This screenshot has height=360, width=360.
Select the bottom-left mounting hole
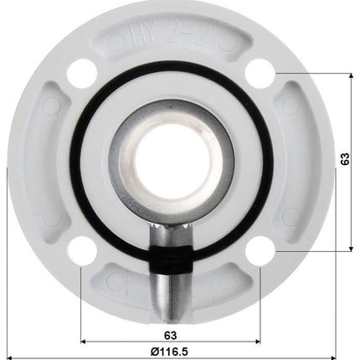pos(81,249)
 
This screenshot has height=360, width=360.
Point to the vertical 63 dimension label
pos(345,161)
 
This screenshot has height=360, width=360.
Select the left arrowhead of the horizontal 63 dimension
pos(84,342)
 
